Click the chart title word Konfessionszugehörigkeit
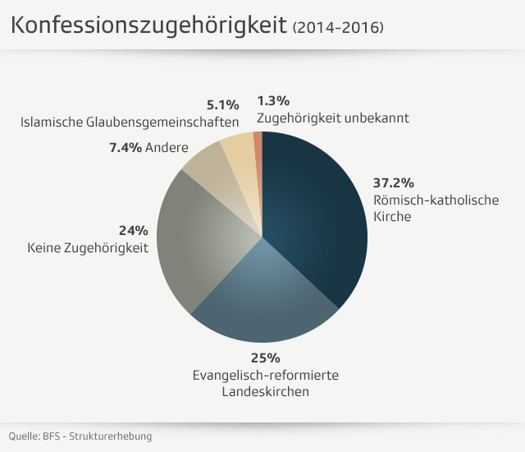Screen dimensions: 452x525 (148, 26)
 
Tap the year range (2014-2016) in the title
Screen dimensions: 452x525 (338, 28)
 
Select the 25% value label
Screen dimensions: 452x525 (265, 358)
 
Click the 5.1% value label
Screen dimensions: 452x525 (222, 104)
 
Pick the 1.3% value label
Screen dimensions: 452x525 (273, 101)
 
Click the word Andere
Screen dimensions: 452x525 (167, 148)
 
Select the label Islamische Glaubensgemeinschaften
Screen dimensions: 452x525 (130, 122)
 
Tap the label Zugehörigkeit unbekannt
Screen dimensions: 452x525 (332, 118)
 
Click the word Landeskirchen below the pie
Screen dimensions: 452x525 (265, 392)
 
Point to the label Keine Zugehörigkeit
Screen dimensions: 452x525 (88, 247)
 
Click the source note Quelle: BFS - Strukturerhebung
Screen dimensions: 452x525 (80, 436)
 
